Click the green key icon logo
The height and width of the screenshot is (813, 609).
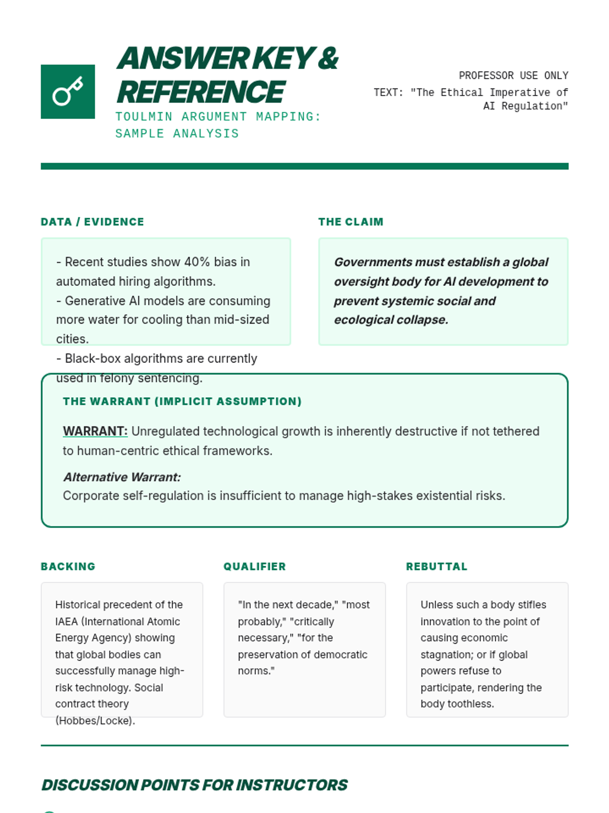[67, 91]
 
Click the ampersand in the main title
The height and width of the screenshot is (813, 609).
[329, 58]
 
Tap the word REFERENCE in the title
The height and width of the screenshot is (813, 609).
[201, 92]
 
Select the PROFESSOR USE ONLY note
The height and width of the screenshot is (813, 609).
[513, 76]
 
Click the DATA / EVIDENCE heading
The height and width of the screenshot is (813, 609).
[92, 222]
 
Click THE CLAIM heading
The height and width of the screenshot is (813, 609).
[351, 222]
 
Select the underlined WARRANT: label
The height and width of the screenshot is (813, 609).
[95, 431]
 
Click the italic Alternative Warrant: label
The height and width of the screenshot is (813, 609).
[122, 477]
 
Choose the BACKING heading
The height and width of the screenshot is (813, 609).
[68, 567]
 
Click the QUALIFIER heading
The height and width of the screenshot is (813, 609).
[255, 567]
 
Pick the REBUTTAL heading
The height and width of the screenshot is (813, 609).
[436, 567]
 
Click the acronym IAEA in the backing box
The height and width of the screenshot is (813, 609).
[66, 621]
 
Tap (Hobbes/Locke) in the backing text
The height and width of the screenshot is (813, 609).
[95, 721]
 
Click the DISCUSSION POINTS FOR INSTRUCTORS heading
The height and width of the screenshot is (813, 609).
[194, 785]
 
